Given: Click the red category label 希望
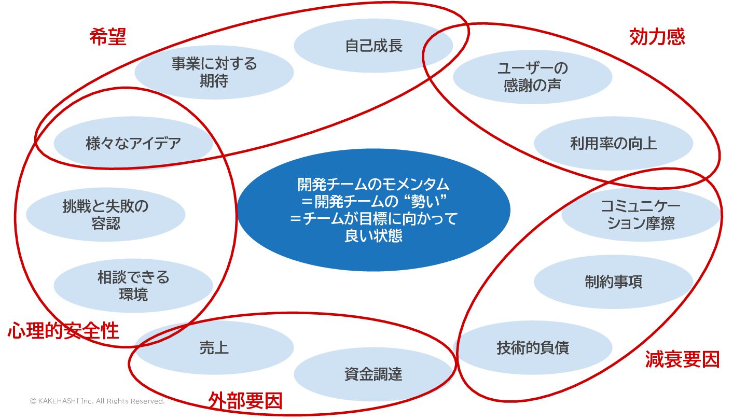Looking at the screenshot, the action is [108, 37].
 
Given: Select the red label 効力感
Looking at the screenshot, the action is [657, 37].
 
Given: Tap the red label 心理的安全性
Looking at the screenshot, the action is [63, 330].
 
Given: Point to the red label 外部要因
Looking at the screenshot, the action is [245, 400].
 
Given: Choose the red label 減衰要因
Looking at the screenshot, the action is [682, 359].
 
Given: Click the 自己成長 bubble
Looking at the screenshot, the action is [374, 46].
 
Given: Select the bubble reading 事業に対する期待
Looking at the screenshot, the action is [214, 72].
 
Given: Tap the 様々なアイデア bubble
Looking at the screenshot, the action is [133, 143].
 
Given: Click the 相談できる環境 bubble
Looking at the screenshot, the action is [133, 286].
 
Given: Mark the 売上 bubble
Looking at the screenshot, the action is [214, 347].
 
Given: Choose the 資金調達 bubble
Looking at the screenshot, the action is [374, 374].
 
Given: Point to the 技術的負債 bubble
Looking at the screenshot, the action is [533, 347].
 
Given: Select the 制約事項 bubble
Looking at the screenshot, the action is [613, 282].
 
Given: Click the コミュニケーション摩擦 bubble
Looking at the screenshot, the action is [641, 215].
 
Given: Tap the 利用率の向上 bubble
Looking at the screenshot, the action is [613, 144].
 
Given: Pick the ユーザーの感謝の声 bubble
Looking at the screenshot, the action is [533, 76].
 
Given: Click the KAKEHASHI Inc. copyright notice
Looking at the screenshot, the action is [97, 401].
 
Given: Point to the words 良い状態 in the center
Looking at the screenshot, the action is [374, 236].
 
